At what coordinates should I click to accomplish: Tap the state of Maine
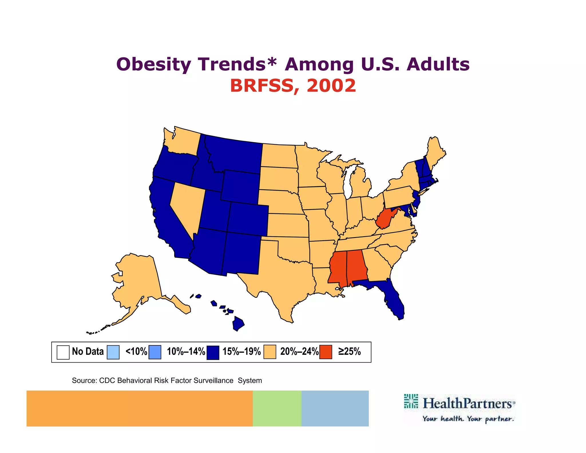(435, 152)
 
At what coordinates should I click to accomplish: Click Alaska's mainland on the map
(137, 281)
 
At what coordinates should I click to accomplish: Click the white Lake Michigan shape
(348, 183)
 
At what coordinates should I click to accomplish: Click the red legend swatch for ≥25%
(326, 352)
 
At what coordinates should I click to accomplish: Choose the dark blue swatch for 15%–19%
(213, 352)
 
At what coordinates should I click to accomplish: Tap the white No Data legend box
(63, 352)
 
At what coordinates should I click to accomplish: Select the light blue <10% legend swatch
(113, 352)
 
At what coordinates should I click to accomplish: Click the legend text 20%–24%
(299, 352)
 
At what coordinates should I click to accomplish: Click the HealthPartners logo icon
(411, 401)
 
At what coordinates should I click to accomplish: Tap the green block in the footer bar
(277, 408)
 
